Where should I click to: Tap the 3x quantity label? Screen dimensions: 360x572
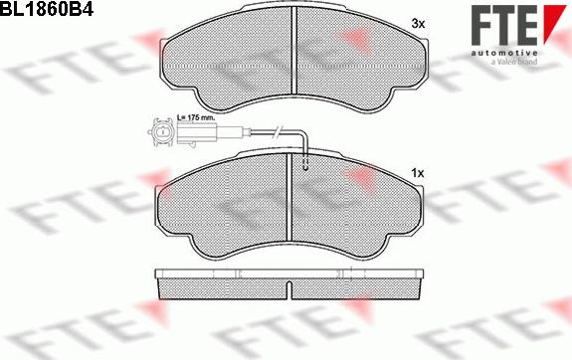[x=418, y=22]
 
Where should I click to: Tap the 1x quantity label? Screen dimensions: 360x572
[x=418, y=174]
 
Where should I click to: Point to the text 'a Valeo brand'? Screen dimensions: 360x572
[x=514, y=62]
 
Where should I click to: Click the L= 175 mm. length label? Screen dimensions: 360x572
[x=196, y=118]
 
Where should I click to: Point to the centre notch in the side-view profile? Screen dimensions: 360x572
[x=287, y=291]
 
